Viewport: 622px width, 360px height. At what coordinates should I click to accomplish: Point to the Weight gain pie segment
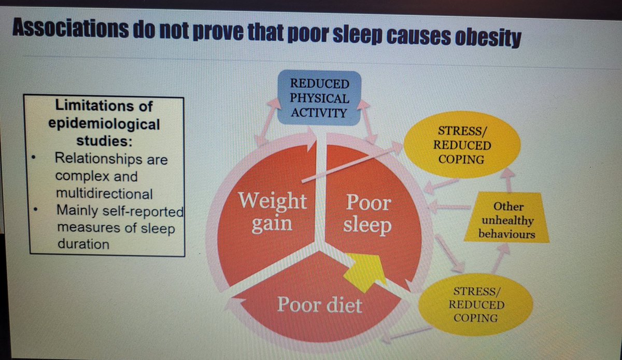coord(272,207)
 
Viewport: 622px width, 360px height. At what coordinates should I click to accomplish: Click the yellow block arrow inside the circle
coord(369,270)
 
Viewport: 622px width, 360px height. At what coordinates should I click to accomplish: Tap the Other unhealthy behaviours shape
coord(506,221)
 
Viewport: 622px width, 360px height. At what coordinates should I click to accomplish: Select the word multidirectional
coord(104,194)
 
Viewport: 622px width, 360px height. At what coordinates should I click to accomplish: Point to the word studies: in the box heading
coord(106,141)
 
